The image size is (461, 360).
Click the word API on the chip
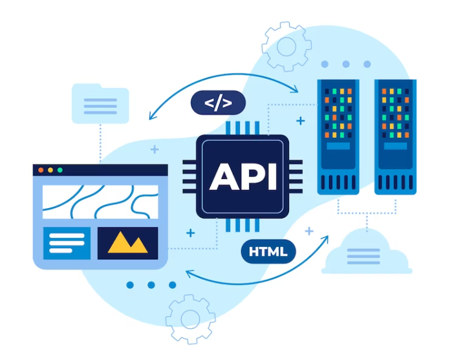click(x=243, y=176)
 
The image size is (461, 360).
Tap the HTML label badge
click(x=268, y=251)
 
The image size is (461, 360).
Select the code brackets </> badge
click(x=218, y=103)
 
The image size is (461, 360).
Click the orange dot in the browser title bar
click(x=41, y=170)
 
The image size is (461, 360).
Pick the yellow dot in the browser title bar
click(x=50, y=170)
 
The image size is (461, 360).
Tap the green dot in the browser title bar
click(x=60, y=170)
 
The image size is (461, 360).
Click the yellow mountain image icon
click(x=127, y=242)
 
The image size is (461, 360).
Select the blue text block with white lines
click(x=67, y=243)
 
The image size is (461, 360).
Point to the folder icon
click(x=100, y=103)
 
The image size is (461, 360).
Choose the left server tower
click(x=338, y=137)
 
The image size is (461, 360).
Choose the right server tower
click(x=396, y=137)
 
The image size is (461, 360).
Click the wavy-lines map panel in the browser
click(x=101, y=202)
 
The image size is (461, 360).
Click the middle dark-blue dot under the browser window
click(x=151, y=285)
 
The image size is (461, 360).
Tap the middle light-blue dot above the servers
click(x=346, y=64)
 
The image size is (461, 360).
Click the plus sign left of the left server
click(x=301, y=121)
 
